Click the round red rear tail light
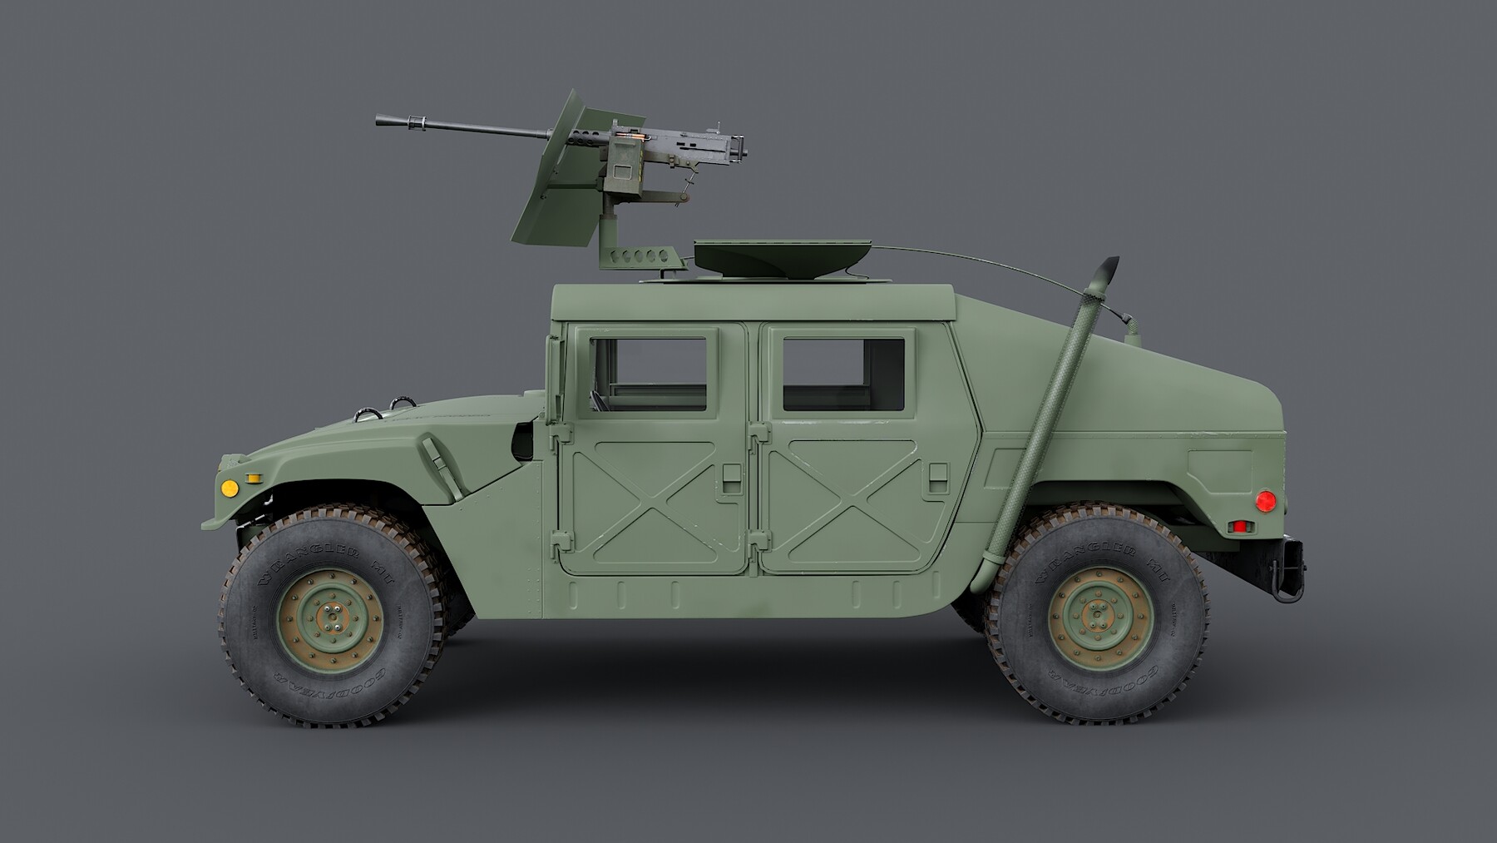point(1265,500)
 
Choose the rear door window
point(842,374)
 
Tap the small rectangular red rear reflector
point(1242,527)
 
